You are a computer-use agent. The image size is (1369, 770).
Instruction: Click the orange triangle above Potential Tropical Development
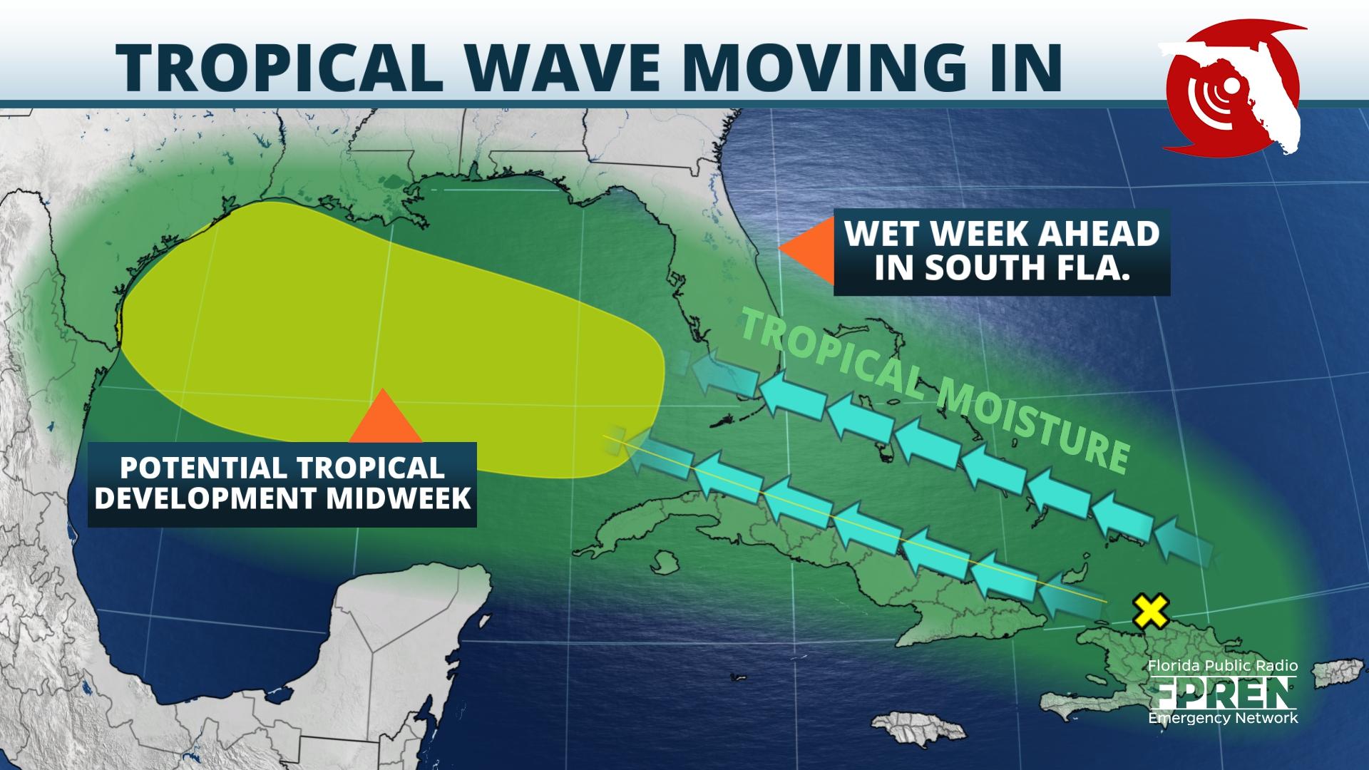point(384,418)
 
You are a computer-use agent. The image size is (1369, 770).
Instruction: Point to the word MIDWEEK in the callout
point(399,498)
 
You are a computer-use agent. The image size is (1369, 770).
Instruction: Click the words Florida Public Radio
point(1222,667)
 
